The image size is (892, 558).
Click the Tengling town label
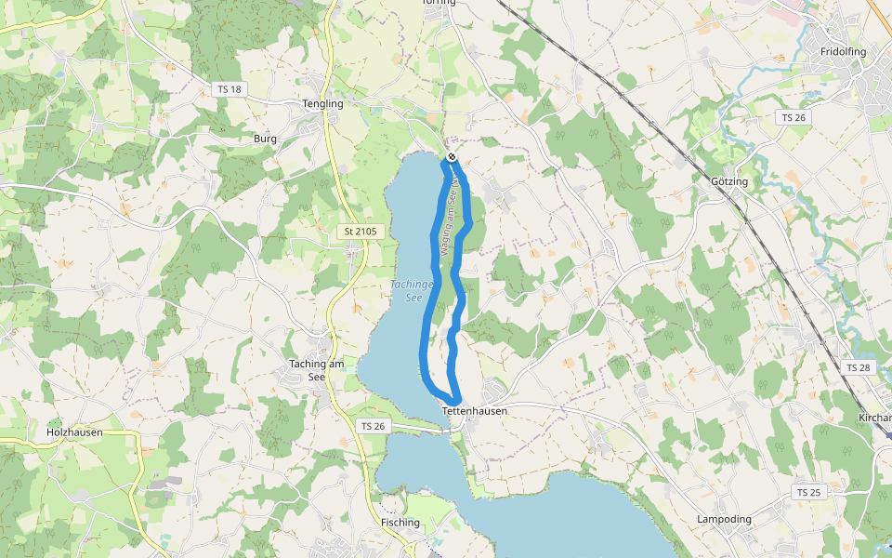click(322, 104)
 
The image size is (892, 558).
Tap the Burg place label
click(265, 139)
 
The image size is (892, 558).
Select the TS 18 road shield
click(228, 89)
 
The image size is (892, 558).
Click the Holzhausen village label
click(74, 432)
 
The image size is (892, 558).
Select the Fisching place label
click(400, 523)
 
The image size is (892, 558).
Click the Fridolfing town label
click(843, 52)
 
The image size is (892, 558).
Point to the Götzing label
click(728, 181)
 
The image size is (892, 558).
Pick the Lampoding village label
click(724, 519)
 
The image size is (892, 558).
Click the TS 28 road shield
click(859, 368)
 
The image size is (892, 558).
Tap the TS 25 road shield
click(808, 491)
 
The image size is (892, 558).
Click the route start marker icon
click(451, 157)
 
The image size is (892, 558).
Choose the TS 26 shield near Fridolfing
click(793, 117)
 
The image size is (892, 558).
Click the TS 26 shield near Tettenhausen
click(372, 426)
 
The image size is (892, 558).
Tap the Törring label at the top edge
click(439, 3)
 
